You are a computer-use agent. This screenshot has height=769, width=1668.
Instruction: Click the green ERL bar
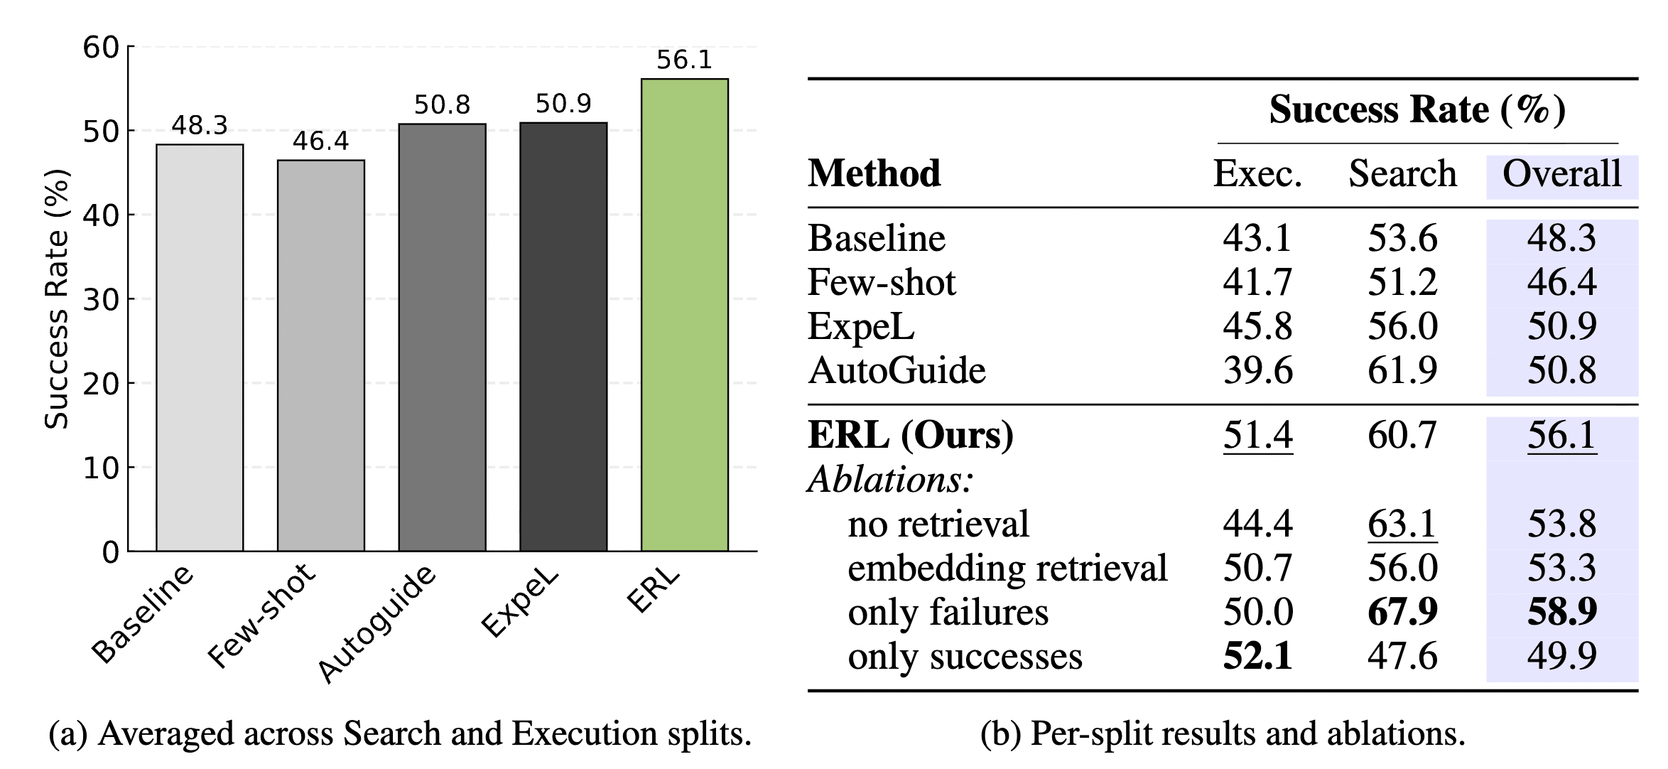coord(684,315)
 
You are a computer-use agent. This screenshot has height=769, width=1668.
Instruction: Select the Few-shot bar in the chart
coord(321,355)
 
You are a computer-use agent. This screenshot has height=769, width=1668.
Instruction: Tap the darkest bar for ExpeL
coord(563,337)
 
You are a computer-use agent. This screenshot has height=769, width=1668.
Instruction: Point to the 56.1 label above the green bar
coord(684,60)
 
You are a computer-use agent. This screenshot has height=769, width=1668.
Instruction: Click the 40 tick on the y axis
coord(101,215)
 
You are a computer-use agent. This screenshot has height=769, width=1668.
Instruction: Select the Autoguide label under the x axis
coord(377,624)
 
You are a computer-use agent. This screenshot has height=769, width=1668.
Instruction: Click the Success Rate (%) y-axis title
coord(57,299)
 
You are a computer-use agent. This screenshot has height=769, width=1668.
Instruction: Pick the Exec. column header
coord(1257,173)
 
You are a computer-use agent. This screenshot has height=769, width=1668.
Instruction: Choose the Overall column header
coord(1561,173)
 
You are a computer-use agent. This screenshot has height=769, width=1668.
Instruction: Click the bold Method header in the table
coord(874,173)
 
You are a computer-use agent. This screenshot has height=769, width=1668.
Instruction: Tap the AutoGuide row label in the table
coord(897,371)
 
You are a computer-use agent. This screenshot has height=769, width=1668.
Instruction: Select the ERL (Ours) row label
coord(911,435)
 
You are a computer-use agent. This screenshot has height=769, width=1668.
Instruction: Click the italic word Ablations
coord(890,480)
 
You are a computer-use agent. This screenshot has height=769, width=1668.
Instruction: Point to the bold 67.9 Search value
coord(1402,612)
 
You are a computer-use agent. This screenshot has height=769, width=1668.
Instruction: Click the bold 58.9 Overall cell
coord(1562,612)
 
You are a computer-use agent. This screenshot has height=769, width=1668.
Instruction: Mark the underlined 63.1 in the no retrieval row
coord(1402,524)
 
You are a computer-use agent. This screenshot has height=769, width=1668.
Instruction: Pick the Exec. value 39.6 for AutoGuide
coord(1257,371)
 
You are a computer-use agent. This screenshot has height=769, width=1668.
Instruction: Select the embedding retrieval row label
coord(1007,568)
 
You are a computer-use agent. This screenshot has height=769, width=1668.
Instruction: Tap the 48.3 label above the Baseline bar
coord(200,126)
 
